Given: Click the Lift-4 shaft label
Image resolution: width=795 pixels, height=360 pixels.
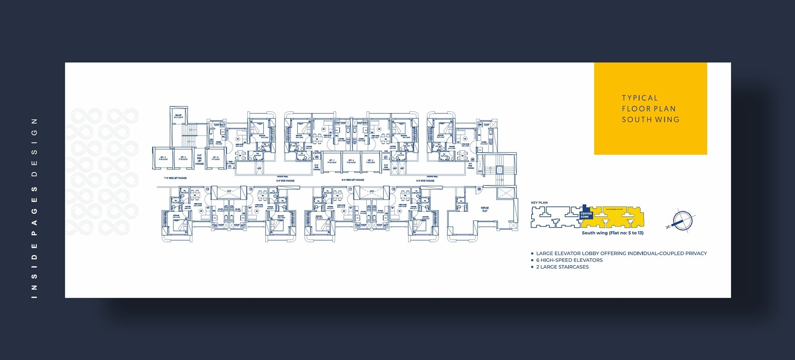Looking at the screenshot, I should pyautogui.click(x=163, y=158).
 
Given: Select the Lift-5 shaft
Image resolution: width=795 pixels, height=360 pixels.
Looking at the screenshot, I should pyautogui.click(x=183, y=158).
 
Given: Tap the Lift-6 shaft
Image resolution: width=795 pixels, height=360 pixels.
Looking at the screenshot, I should pyautogui.click(x=215, y=158).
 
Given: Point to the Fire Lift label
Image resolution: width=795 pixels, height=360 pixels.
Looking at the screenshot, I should pyautogui.click(x=178, y=116).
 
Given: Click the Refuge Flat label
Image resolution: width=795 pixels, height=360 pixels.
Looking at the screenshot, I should pyautogui.click(x=485, y=209).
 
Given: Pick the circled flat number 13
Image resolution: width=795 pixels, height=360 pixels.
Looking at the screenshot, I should pyautogui.click(x=207, y=189).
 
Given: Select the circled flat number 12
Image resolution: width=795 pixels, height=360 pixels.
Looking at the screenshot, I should pyautogui.click(x=251, y=189).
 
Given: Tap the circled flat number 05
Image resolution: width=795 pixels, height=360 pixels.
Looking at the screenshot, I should pyautogui.click(x=230, y=166).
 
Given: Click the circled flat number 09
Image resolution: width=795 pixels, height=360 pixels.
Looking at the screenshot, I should pyautogui.click(x=479, y=189).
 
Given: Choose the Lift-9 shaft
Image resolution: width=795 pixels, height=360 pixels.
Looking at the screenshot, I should pyautogui.click(x=370, y=161).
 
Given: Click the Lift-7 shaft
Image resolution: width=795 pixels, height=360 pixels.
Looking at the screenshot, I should pyautogui.click(x=332, y=161).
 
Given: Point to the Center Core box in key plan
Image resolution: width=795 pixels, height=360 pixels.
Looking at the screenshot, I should pyautogui.click(x=586, y=215).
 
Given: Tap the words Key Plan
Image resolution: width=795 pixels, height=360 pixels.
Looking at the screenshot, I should pyautogui.click(x=539, y=203).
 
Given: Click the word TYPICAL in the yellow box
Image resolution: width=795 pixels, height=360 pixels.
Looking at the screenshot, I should pyautogui.click(x=640, y=98).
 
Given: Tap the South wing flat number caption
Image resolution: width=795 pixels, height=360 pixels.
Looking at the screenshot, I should pyautogui.click(x=612, y=233).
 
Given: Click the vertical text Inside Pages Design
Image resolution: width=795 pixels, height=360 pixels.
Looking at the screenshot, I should pyautogui.click(x=34, y=208).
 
